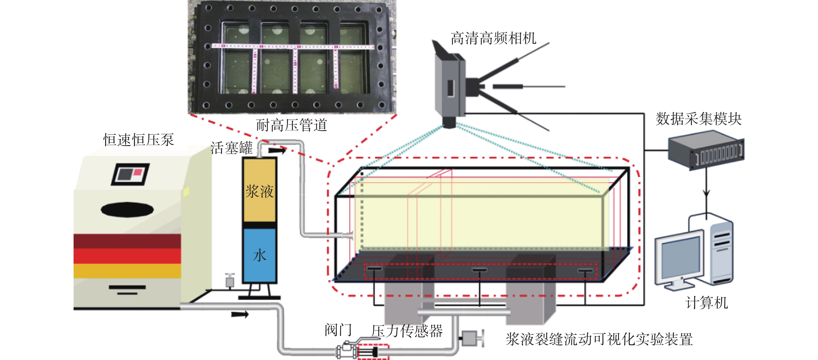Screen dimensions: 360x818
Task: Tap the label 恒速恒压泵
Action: click(x=138, y=140)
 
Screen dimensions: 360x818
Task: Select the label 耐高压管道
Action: click(x=291, y=125)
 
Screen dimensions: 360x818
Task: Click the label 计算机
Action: click(x=707, y=302)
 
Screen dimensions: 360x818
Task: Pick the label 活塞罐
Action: click(x=232, y=148)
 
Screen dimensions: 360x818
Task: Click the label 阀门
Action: click(x=338, y=330)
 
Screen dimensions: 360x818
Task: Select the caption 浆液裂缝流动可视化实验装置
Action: click(x=599, y=339)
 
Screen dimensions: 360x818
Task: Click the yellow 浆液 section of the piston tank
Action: click(x=259, y=191)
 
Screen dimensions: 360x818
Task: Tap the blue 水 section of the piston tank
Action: click(x=259, y=255)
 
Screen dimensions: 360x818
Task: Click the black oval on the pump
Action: click(x=127, y=209)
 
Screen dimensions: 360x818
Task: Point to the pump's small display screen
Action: click(x=130, y=174)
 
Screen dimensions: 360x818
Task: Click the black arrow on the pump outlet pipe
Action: click(x=240, y=314)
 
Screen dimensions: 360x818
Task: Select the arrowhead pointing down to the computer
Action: click(x=707, y=193)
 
